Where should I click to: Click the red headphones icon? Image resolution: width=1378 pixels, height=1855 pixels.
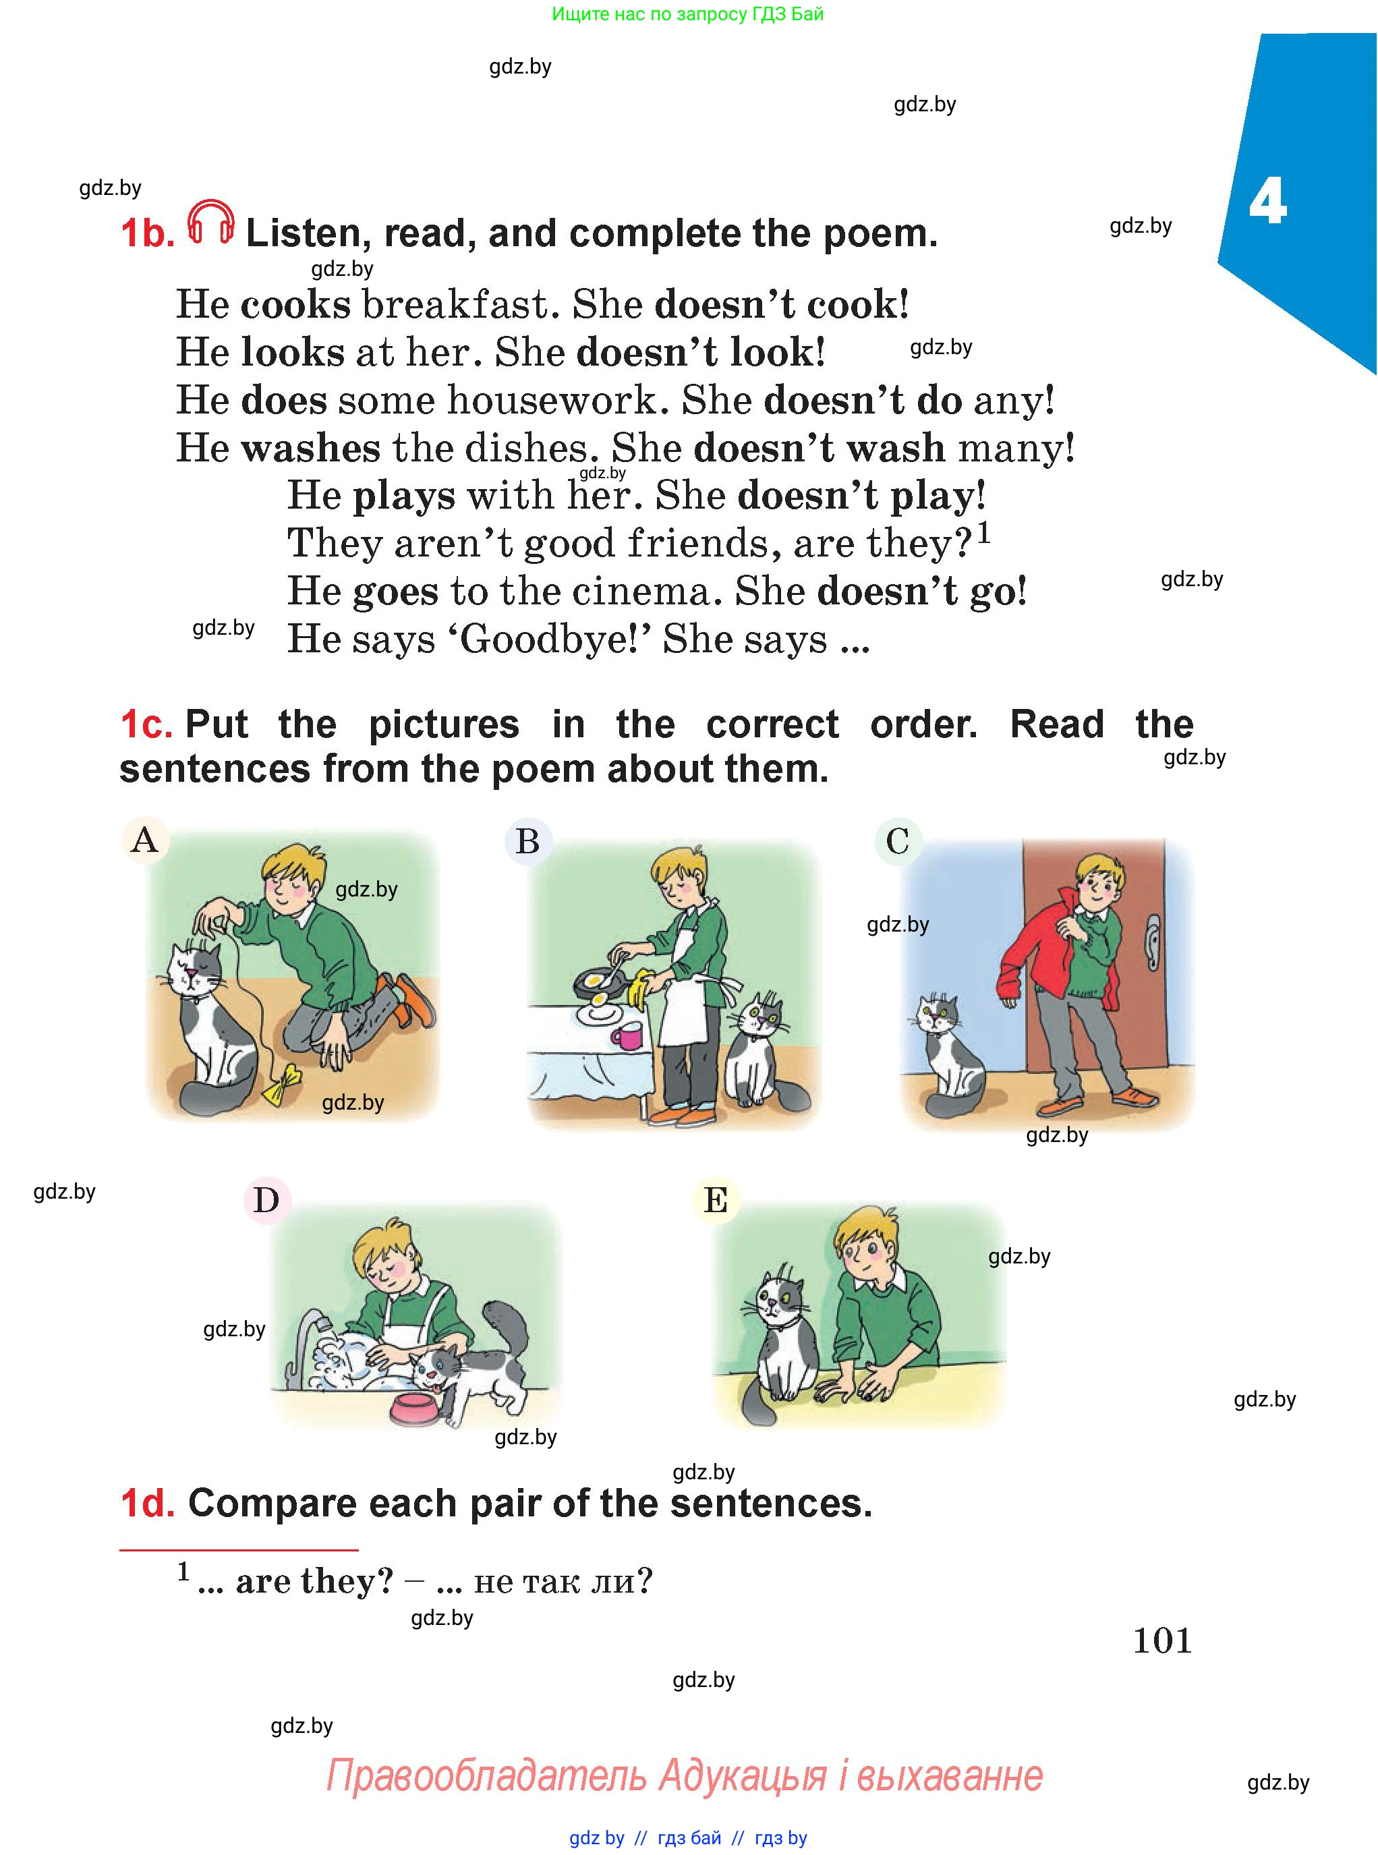210,222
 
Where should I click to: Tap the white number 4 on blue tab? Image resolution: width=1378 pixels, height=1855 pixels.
1267,202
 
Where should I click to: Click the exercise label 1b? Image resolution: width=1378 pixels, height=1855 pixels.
148,233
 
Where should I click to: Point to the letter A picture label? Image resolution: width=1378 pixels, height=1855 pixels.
145,839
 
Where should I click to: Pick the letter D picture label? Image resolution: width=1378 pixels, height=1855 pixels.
266,1200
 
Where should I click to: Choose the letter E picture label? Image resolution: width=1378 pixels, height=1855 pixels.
716,1200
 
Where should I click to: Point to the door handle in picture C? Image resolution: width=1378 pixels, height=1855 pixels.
1152,941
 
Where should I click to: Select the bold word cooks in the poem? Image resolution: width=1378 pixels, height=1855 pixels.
295,304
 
